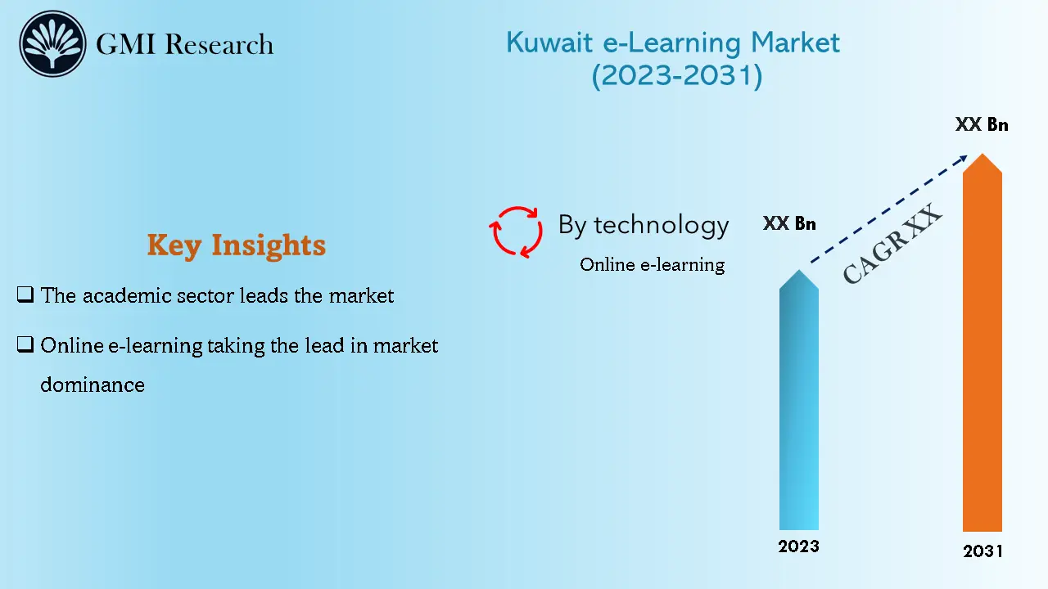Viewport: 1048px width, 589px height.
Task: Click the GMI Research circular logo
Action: (53, 44)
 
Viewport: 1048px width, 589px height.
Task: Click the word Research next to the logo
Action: (219, 44)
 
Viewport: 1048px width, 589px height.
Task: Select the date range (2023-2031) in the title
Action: (676, 75)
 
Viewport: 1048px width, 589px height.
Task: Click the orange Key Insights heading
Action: (236, 245)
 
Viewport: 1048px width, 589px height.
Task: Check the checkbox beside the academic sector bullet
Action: (25, 294)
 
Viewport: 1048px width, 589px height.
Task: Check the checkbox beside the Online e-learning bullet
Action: (25, 344)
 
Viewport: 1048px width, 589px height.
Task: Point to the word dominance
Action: (93, 384)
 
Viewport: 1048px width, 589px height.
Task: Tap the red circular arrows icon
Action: (516, 232)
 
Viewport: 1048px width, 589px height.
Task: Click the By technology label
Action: (643, 225)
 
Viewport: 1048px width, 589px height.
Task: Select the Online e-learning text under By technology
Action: (652, 264)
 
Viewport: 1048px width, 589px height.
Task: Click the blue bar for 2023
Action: (798, 409)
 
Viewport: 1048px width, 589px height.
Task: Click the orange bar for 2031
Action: (982, 352)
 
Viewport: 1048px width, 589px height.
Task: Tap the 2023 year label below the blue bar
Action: (798, 546)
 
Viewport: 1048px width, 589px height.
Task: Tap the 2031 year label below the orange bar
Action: (982, 551)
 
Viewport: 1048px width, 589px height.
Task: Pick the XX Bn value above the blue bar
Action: (789, 223)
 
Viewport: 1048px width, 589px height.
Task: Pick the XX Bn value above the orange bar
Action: (982, 125)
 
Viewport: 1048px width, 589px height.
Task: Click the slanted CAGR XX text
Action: (892, 245)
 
